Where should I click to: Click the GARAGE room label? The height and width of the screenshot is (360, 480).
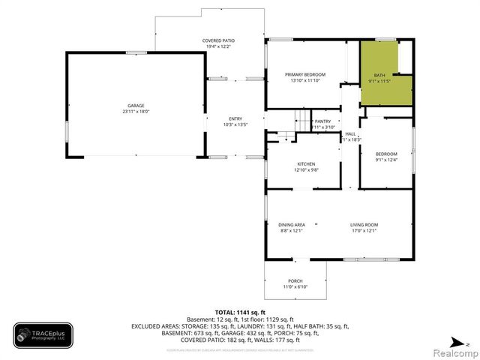[136, 106]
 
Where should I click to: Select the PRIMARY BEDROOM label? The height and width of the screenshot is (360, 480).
[304, 74]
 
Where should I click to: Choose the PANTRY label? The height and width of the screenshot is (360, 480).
[323, 121]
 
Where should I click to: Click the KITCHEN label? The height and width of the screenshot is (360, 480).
[306, 164]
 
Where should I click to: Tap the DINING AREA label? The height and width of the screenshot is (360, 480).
[292, 225]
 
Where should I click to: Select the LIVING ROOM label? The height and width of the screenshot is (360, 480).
[364, 225]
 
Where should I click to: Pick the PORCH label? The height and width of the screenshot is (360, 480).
[295, 282]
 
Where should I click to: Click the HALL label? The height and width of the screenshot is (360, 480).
[350, 134]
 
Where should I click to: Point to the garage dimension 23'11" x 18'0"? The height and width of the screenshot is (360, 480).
[136, 112]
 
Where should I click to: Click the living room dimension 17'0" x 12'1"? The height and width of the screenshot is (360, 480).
[364, 231]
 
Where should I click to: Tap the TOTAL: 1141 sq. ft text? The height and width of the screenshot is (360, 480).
[240, 312]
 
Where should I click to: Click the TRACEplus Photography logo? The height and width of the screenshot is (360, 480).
[43, 335]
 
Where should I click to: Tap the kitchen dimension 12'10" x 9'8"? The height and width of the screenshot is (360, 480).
[306, 170]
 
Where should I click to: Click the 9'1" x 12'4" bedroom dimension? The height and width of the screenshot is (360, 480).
[386, 159]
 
